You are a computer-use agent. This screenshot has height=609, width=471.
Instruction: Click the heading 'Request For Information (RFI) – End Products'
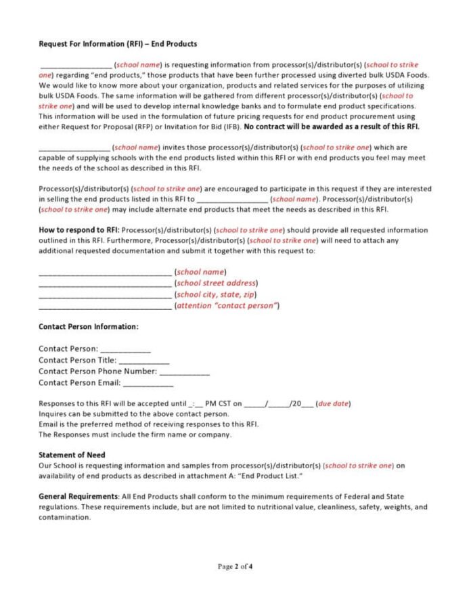(x=118, y=44)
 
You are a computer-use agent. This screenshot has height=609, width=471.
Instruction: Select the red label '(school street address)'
(x=216, y=283)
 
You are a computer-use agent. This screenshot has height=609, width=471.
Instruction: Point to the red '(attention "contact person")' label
(x=227, y=306)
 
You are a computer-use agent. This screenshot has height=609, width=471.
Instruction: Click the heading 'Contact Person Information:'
(x=88, y=327)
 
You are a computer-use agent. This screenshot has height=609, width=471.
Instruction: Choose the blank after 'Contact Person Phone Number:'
(x=184, y=371)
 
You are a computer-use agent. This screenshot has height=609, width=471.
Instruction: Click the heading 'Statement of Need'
(x=72, y=455)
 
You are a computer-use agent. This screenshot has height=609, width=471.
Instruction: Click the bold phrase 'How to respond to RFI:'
(x=79, y=231)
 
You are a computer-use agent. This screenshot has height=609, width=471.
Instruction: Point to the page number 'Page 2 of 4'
(x=235, y=566)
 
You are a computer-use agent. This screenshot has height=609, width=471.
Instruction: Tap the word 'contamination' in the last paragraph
(x=64, y=518)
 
